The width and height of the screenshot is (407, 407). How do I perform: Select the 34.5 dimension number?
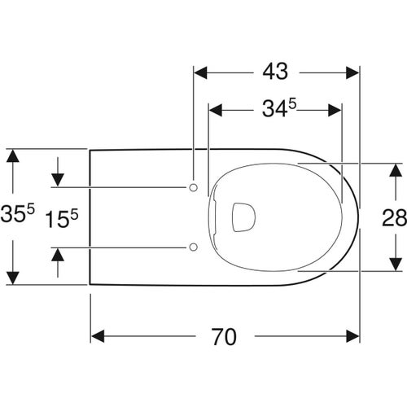point(274,108)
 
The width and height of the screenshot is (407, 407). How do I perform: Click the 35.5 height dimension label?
point(17,217)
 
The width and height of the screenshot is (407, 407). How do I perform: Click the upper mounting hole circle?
point(193,188)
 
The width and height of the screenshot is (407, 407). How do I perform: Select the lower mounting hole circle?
point(193,246)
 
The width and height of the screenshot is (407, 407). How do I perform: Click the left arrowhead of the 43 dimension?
point(199,72)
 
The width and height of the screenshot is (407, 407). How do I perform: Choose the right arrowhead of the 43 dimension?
point(353,72)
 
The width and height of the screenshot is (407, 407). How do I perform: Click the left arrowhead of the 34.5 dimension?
point(217,108)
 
